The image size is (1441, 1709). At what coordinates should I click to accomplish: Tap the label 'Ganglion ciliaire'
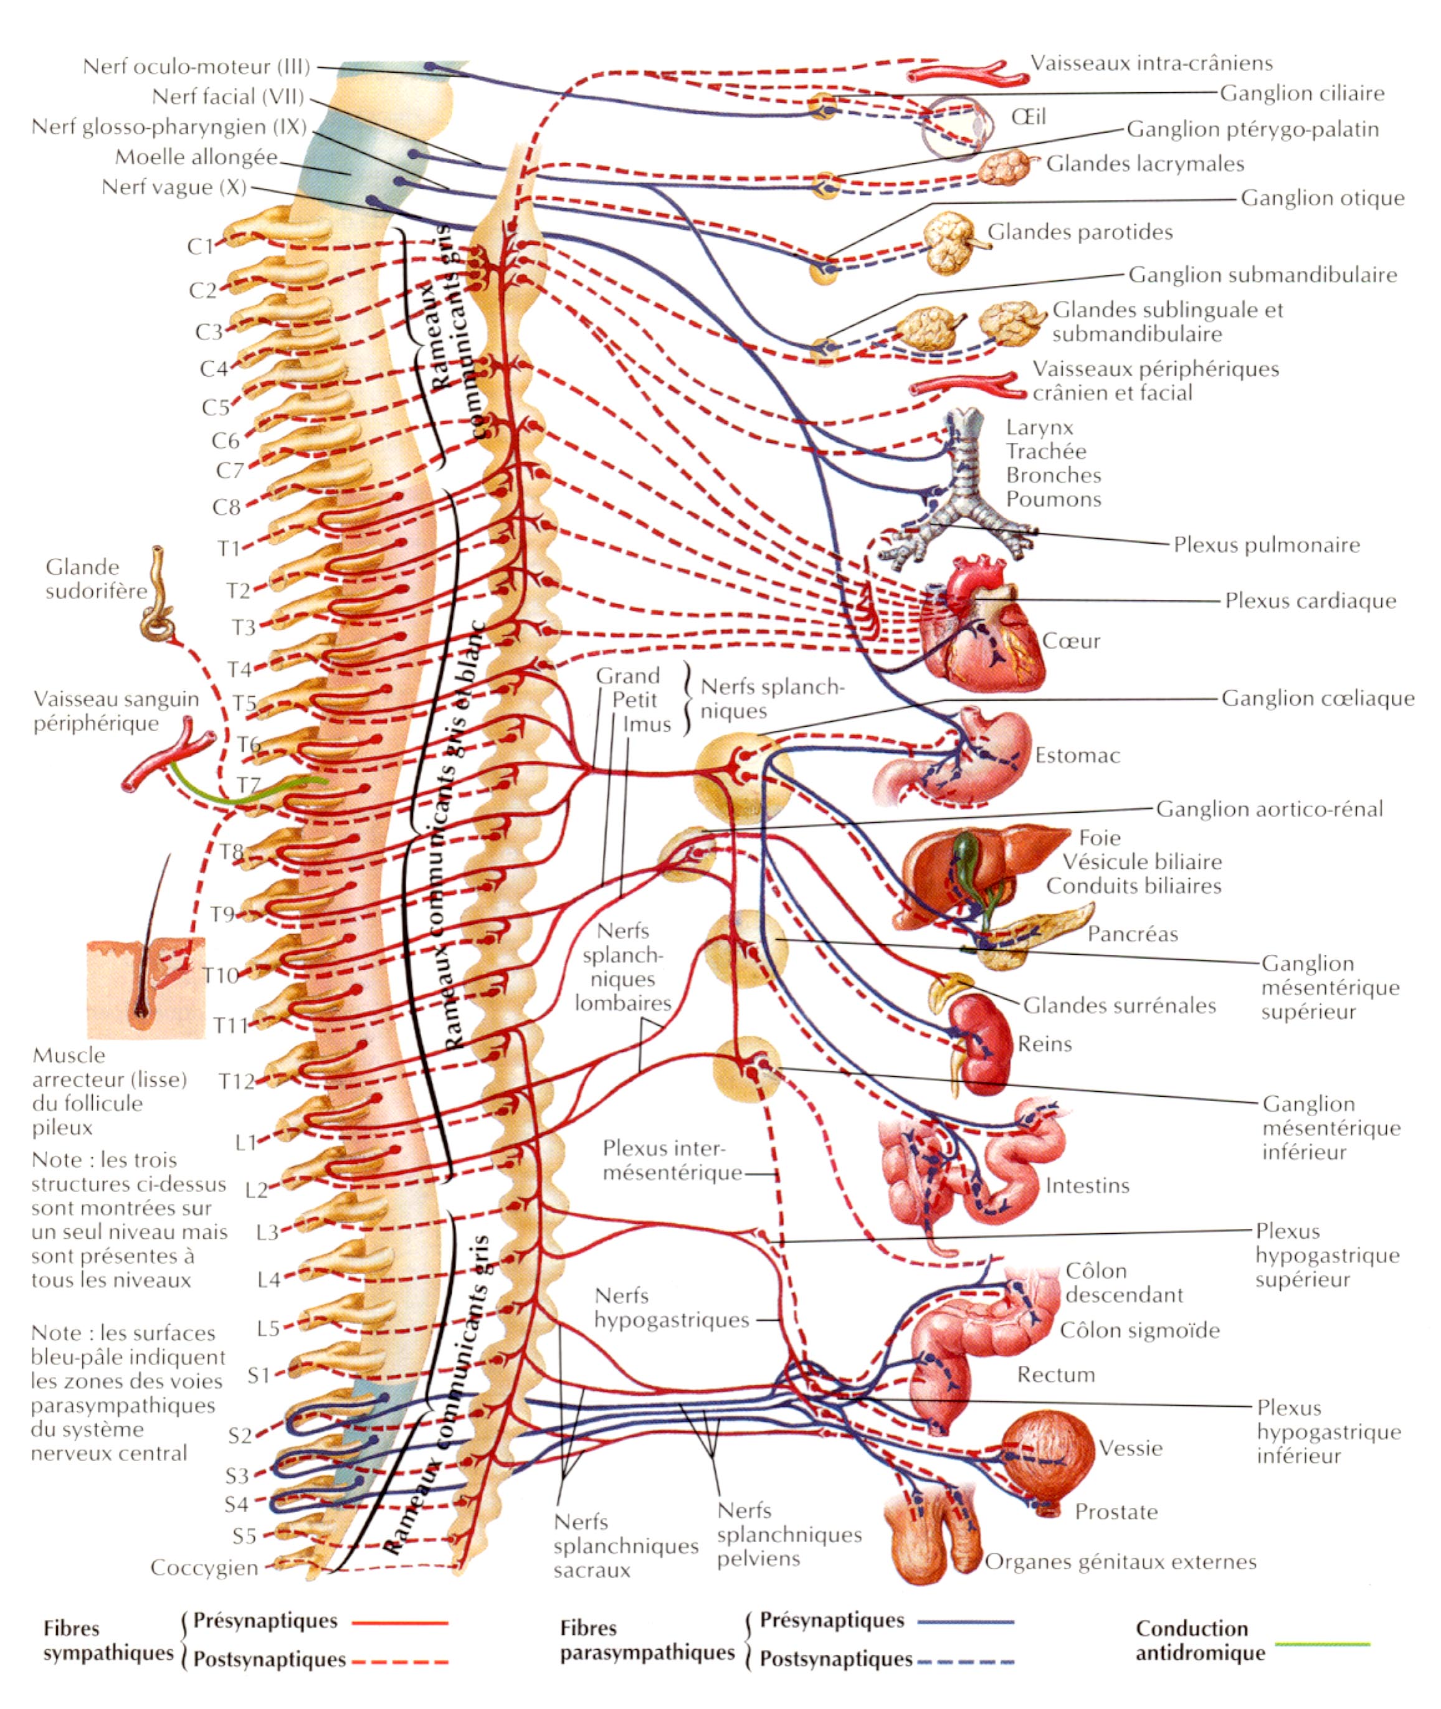[1302, 93]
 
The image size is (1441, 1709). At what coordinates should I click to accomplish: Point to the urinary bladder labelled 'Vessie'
[1048, 1452]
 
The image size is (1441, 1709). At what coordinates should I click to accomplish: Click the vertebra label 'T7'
[249, 785]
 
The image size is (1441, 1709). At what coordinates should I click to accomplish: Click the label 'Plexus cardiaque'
[1310, 601]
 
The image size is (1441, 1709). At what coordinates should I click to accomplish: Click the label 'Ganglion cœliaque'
[1318, 698]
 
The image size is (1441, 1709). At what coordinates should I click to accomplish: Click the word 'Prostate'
[1116, 1512]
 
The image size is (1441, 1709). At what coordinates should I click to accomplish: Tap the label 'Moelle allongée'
[196, 157]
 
